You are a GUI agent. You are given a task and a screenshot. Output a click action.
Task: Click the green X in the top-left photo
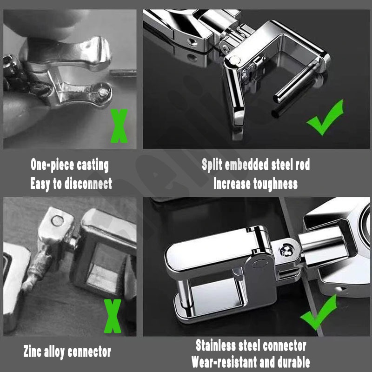tap(119, 126)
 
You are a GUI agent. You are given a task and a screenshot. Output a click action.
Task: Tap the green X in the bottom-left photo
tap(113, 316)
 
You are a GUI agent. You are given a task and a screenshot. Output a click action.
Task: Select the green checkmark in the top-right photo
tap(325, 118)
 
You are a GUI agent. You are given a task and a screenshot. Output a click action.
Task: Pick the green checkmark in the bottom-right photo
tap(319, 312)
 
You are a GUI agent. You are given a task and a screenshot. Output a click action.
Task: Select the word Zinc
tap(32, 351)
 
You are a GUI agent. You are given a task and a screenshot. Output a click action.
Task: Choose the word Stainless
tap(216, 345)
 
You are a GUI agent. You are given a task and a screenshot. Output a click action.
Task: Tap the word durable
tap(294, 362)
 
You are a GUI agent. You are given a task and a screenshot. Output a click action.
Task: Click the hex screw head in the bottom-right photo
tap(286, 251)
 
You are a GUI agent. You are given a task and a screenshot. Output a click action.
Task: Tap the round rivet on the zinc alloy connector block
tap(57, 220)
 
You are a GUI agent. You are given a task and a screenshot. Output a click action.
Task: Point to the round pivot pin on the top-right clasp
tap(235, 60)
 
